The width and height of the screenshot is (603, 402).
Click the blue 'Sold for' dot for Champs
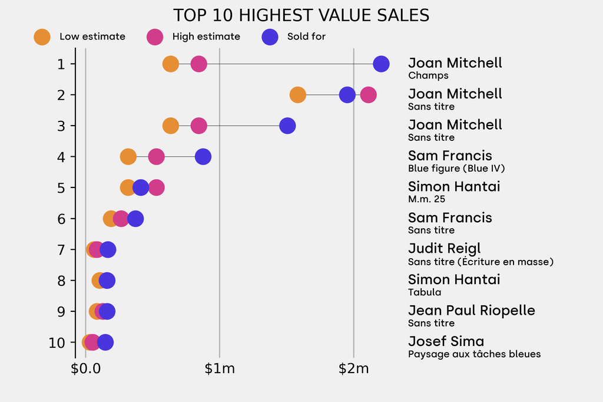pyautogui.click(x=381, y=64)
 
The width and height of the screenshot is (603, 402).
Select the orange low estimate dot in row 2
pyautogui.click(x=298, y=95)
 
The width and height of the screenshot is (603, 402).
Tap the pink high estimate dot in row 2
pyautogui.click(x=368, y=95)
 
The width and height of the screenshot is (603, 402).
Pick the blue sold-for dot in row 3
pyautogui.click(x=287, y=126)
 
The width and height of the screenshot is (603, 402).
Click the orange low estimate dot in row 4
pyautogui.click(x=128, y=157)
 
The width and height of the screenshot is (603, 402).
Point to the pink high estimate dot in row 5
pyautogui.click(x=156, y=187)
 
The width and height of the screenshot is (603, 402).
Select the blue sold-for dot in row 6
pyautogui.click(x=135, y=219)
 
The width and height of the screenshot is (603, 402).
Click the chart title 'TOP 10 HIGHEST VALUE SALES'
pyautogui.click(x=301, y=15)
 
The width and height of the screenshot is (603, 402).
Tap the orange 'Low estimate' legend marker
pyautogui.click(x=42, y=37)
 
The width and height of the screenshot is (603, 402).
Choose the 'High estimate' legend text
pyautogui.click(x=206, y=37)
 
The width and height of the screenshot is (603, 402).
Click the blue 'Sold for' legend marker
pyautogui.click(x=270, y=37)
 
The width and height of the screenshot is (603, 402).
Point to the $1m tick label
pyautogui.click(x=220, y=370)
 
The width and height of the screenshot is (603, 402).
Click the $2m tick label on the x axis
pyautogui.click(x=353, y=370)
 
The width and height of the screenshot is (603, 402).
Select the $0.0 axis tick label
pyautogui.click(x=85, y=370)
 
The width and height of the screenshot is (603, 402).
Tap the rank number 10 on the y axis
pyautogui.click(x=57, y=342)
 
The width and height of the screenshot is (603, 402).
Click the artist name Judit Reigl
pyautogui.click(x=444, y=249)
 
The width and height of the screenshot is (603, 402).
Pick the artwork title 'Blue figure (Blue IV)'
pyautogui.click(x=456, y=169)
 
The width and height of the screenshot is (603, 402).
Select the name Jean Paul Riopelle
pyautogui.click(x=471, y=311)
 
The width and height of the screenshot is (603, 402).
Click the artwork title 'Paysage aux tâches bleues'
pyautogui.click(x=474, y=354)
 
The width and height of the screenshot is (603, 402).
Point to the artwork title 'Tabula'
pyautogui.click(x=425, y=292)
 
